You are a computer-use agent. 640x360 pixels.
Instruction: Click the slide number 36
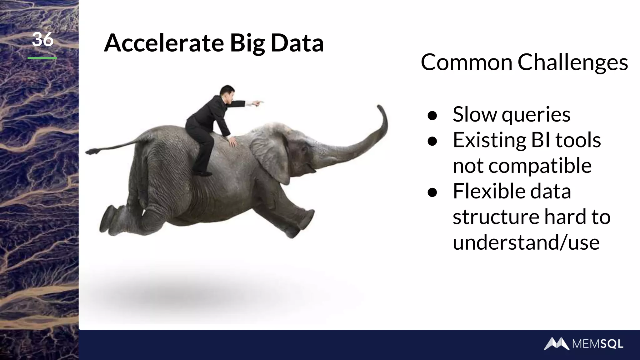click(42, 40)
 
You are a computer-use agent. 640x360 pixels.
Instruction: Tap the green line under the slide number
click(42, 58)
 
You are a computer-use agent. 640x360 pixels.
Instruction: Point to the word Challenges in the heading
click(572, 62)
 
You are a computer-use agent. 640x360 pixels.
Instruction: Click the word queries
click(536, 115)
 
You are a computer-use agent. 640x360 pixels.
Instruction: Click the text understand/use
click(526, 242)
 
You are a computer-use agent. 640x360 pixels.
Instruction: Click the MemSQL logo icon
click(557, 344)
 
